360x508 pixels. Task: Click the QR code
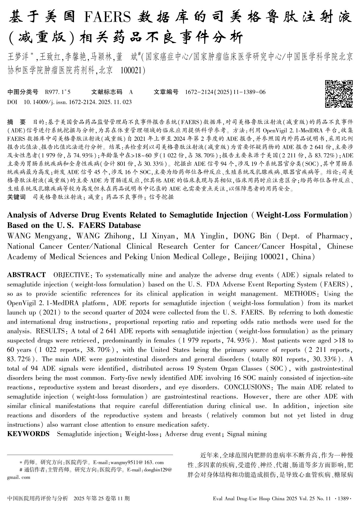point(339,94)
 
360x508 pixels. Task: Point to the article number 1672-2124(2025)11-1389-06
point(225,92)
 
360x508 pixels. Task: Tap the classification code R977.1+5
point(58,92)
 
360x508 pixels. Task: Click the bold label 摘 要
point(16,122)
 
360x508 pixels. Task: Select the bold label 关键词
point(16,197)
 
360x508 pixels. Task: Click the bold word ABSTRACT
point(26,275)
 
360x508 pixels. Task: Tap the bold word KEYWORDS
point(28,434)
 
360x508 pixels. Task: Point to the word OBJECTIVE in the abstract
point(71,275)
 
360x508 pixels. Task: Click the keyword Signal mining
point(247,434)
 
